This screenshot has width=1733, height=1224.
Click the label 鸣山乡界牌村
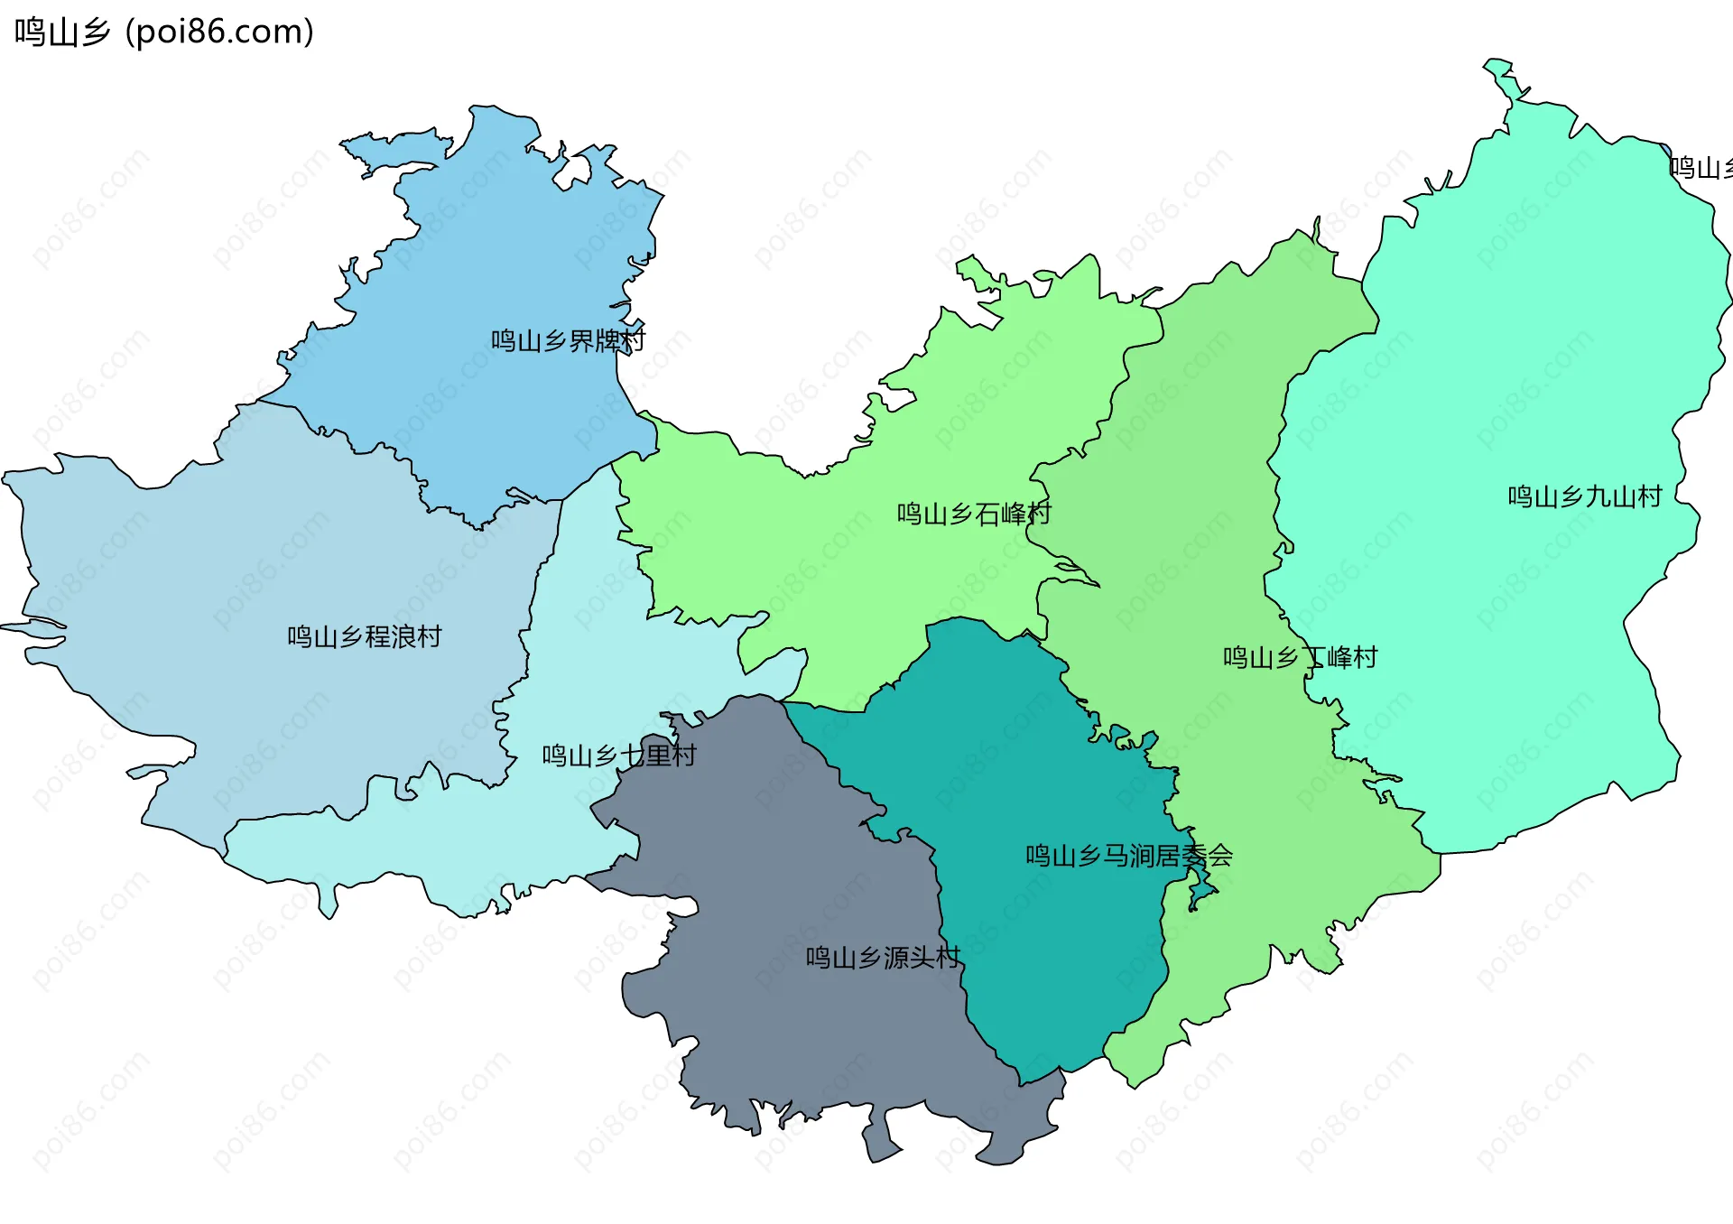568,341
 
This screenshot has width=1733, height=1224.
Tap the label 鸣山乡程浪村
365,637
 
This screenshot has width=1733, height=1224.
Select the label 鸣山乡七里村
619,756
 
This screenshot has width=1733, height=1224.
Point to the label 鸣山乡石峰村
974,515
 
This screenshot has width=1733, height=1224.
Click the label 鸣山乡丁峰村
1300,658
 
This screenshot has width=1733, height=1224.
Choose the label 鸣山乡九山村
1585,497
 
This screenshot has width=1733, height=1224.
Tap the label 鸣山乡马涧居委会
1128,856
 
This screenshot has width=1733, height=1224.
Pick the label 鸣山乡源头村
883,958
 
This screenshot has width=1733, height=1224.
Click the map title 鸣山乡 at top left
62,32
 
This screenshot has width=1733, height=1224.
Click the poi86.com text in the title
219,32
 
